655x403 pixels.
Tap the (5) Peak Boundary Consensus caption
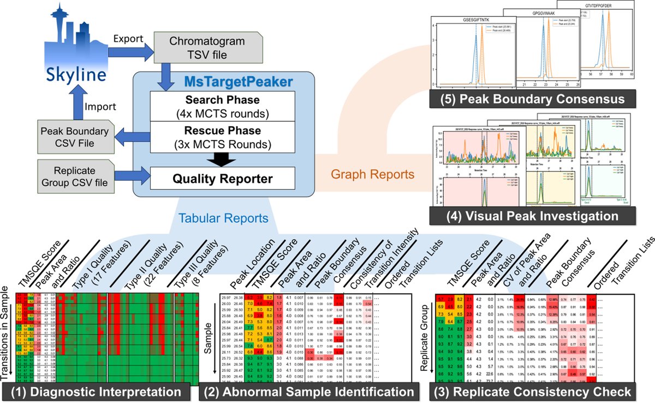[527, 99]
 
